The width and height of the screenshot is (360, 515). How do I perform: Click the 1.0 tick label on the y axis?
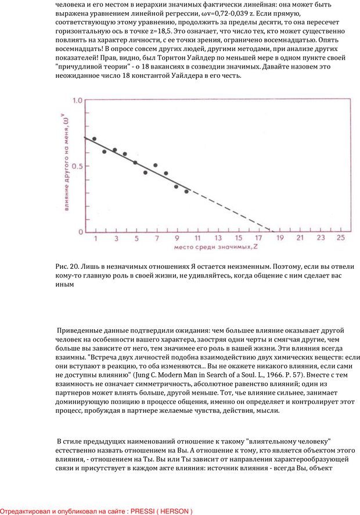77,100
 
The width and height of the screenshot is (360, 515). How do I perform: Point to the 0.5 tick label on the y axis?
77,166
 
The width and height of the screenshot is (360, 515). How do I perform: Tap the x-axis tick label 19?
279,238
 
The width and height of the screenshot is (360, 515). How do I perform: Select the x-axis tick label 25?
341,238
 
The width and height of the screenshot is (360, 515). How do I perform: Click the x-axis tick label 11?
197,238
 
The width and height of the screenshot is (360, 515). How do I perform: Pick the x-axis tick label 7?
157,238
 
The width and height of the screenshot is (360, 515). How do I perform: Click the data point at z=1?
95,139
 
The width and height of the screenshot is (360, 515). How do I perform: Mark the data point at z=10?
186,191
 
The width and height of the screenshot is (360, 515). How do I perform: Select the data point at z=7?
156,165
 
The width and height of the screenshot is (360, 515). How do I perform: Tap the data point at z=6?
145,172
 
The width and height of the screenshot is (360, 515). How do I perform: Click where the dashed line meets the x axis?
273,232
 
